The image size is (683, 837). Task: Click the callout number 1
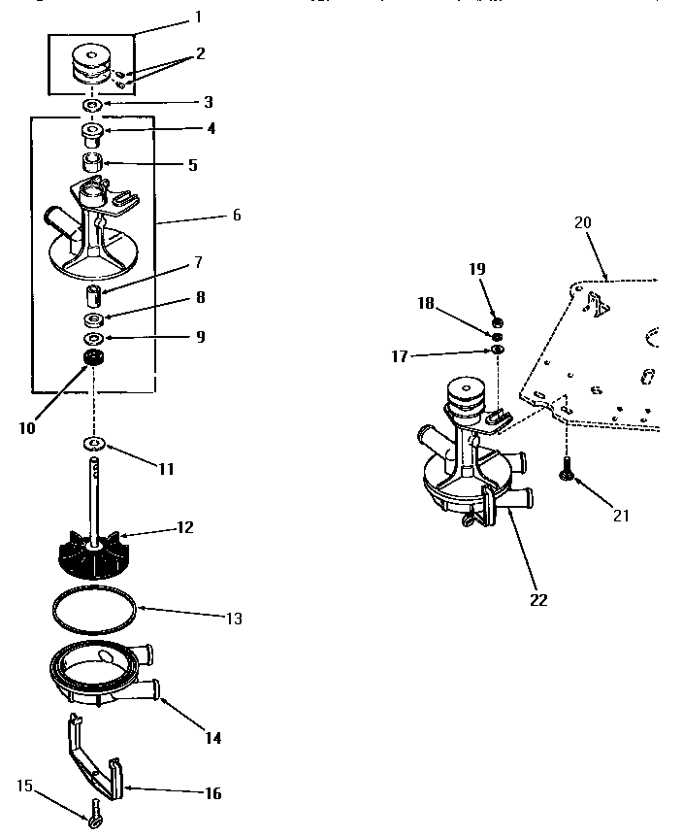[198, 17]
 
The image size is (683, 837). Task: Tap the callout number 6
[236, 216]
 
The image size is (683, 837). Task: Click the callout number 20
[582, 221]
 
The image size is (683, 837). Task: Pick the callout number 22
[538, 599]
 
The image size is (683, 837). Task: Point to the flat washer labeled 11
[95, 444]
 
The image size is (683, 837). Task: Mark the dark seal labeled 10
[94, 360]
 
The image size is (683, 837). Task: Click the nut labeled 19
[497, 321]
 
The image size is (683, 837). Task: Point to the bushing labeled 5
[94, 159]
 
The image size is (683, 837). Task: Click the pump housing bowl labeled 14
[97, 674]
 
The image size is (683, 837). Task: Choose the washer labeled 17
[497, 349]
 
